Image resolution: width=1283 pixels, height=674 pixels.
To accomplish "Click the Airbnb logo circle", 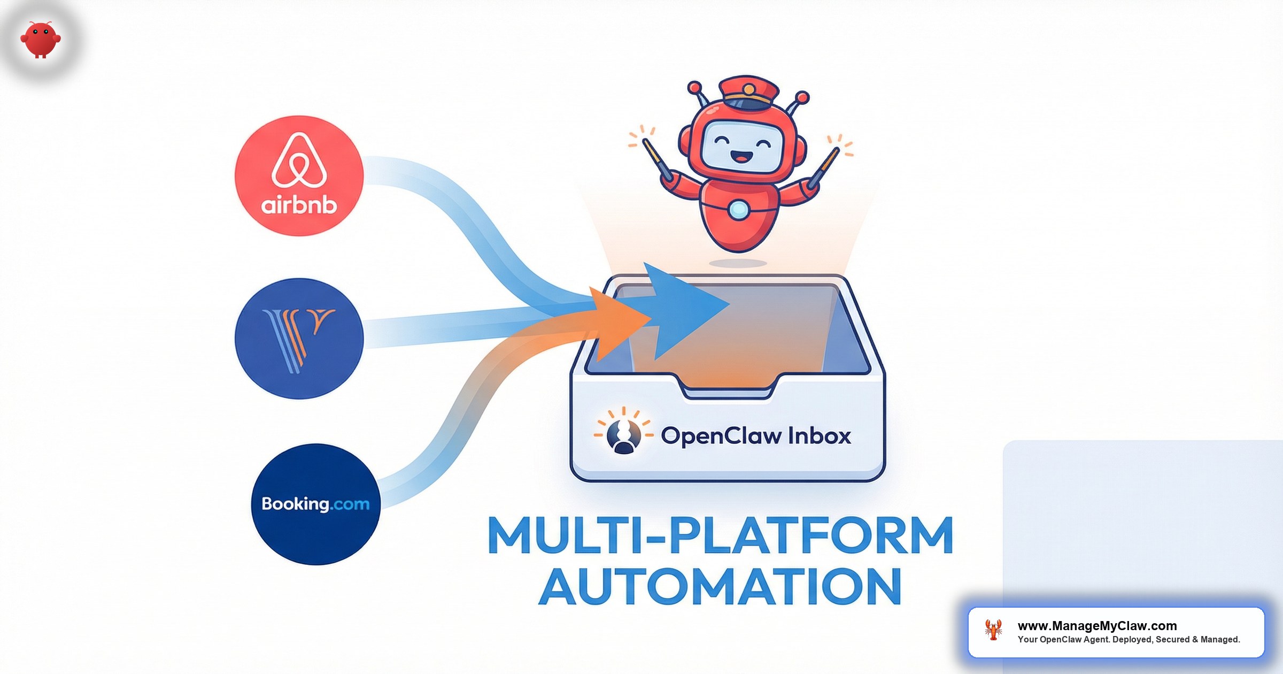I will click(299, 175).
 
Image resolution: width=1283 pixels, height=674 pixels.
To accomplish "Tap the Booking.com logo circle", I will click(315, 504).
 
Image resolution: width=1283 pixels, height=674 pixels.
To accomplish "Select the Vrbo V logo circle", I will click(299, 338).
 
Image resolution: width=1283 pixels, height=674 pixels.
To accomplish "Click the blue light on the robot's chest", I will click(738, 210).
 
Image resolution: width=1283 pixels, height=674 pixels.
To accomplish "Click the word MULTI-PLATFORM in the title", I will click(720, 535).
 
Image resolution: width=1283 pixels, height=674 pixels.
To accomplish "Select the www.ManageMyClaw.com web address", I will click(1097, 626).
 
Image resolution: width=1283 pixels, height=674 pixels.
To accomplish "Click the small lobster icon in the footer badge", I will click(993, 630).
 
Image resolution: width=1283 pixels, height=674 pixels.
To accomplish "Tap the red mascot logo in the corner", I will click(41, 39).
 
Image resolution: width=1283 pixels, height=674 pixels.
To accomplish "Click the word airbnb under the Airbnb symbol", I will click(299, 205).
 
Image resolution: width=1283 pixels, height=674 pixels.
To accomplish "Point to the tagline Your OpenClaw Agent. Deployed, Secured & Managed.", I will click(1129, 640).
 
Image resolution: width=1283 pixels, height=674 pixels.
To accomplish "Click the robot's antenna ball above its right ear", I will click(694, 87).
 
